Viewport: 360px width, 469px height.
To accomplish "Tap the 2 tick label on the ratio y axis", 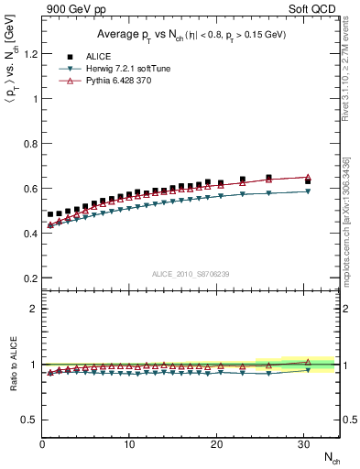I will (x=32, y=309).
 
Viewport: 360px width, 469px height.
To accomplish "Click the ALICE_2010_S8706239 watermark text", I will (x=190, y=273).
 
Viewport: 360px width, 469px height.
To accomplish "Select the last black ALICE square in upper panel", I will (x=308, y=181).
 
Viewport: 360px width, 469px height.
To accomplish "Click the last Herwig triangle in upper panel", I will (x=308, y=191).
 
